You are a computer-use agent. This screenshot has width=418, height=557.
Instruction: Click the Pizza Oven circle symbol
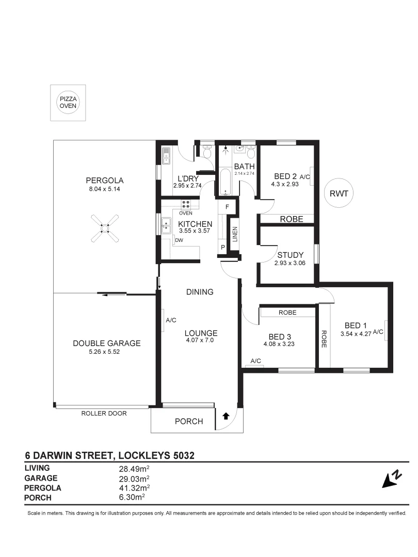(x=68, y=103)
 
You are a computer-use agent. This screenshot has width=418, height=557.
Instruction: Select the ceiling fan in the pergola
(x=104, y=227)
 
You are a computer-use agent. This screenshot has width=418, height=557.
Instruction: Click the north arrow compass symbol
(x=391, y=479)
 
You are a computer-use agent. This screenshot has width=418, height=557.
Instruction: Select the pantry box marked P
(x=223, y=248)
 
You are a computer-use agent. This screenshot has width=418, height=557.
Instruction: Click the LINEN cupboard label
(x=235, y=234)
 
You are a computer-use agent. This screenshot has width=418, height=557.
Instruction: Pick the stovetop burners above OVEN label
(x=186, y=204)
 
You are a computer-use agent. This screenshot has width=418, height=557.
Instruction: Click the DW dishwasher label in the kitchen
(x=179, y=240)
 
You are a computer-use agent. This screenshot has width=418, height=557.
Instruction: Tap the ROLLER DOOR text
(x=103, y=413)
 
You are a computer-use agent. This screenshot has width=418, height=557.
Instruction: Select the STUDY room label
(x=290, y=255)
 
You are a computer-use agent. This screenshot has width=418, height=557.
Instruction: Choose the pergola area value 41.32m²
(x=134, y=487)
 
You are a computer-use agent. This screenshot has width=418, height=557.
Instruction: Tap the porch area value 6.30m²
(x=132, y=497)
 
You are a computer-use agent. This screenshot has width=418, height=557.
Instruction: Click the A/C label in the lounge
(x=171, y=320)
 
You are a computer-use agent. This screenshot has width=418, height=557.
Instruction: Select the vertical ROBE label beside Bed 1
(x=324, y=339)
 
